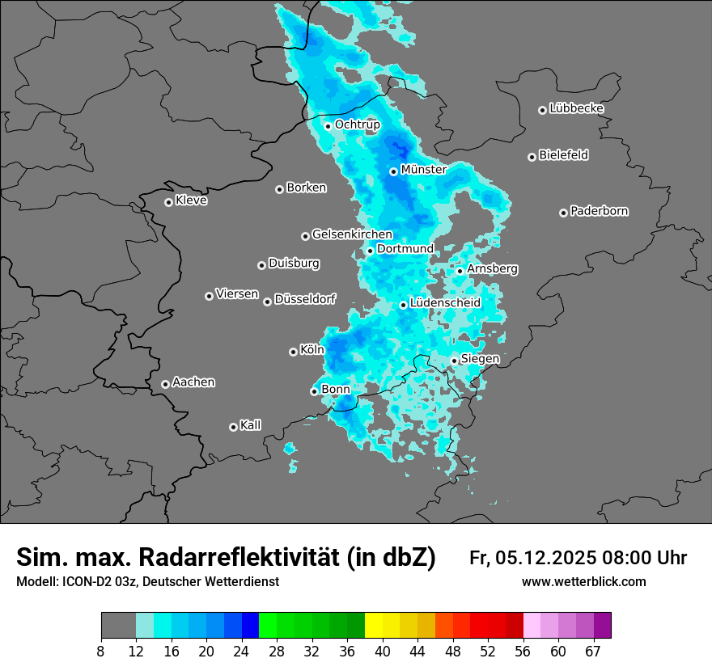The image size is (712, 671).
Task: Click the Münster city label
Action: (x=423, y=170)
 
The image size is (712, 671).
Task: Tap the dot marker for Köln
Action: (x=293, y=352)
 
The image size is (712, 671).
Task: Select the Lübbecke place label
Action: (x=576, y=108)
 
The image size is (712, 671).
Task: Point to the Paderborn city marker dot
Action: (x=563, y=213)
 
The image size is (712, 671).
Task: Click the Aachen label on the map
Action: (x=193, y=382)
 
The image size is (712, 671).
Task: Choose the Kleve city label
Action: (x=191, y=200)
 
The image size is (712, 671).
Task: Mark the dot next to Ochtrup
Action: (x=328, y=125)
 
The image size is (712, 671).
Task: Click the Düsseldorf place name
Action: (x=304, y=299)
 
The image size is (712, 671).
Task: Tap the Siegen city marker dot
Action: (x=454, y=361)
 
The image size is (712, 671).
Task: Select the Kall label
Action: (x=250, y=425)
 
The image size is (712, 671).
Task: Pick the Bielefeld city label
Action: (x=563, y=154)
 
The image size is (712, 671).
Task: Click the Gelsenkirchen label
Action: (x=352, y=234)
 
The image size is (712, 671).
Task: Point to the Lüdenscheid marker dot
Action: (x=403, y=305)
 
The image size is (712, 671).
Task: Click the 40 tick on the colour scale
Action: (x=383, y=651)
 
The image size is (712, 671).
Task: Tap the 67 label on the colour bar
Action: (x=593, y=651)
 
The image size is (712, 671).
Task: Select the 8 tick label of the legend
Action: (x=101, y=651)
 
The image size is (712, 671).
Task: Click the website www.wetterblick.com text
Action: (x=583, y=582)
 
